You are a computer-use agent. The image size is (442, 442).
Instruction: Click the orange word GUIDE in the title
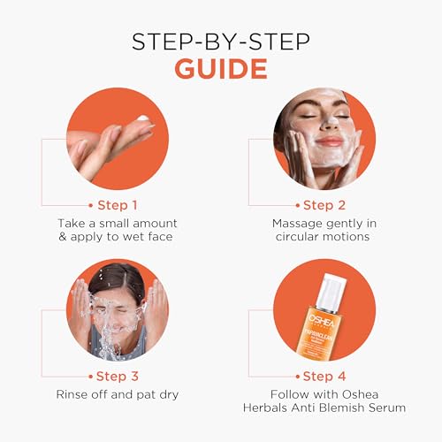pyautogui.click(x=221, y=69)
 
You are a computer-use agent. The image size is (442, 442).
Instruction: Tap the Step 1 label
pyautogui.click(x=118, y=205)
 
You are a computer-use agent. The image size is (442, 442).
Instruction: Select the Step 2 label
pyautogui.click(x=324, y=205)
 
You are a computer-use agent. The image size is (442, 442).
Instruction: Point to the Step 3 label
pyautogui.click(x=118, y=377)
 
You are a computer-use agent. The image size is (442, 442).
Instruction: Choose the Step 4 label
pyautogui.click(x=324, y=377)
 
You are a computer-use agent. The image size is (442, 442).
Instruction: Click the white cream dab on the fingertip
pyautogui.click(x=143, y=118)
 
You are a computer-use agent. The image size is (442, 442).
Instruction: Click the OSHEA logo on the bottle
pyautogui.click(x=322, y=321)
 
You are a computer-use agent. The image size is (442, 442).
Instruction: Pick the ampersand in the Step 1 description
pyautogui.click(x=63, y=237)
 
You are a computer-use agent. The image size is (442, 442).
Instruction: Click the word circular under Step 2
pyautogui.click(x=297, y=237)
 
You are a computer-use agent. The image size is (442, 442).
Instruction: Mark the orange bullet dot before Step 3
pyautogui.click(x=91, y=377)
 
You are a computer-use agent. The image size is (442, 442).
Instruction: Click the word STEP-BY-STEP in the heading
pyautogui.click(x=221, y=42)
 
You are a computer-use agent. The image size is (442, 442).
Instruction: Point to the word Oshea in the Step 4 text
pyautogui.click(x=361, y=394)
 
